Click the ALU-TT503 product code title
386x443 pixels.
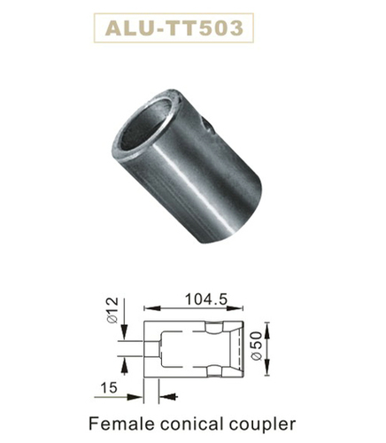tap(174, 28)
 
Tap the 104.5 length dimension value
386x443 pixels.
tap(206, 299)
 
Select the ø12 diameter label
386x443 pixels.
tap(113, 310)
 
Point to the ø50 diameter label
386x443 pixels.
tap(256, 346)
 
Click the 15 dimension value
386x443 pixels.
tap(109, 387)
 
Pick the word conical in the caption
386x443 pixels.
tap(191, 424)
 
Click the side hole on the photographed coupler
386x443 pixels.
tap(205, 125)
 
